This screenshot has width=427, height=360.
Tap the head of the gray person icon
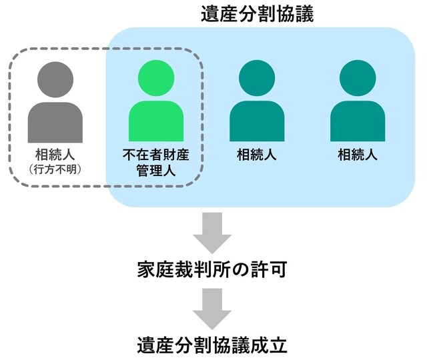pos(55,78)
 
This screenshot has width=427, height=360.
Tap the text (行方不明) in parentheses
pos(55,169)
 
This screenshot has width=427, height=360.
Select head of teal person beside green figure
pos(257,78)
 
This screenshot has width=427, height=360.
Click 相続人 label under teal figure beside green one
pos(257,155)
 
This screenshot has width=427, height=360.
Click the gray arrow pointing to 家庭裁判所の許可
pos(213,234)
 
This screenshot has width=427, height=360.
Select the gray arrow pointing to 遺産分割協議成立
pos(213,307)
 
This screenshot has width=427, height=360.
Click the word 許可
pos(272,269)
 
